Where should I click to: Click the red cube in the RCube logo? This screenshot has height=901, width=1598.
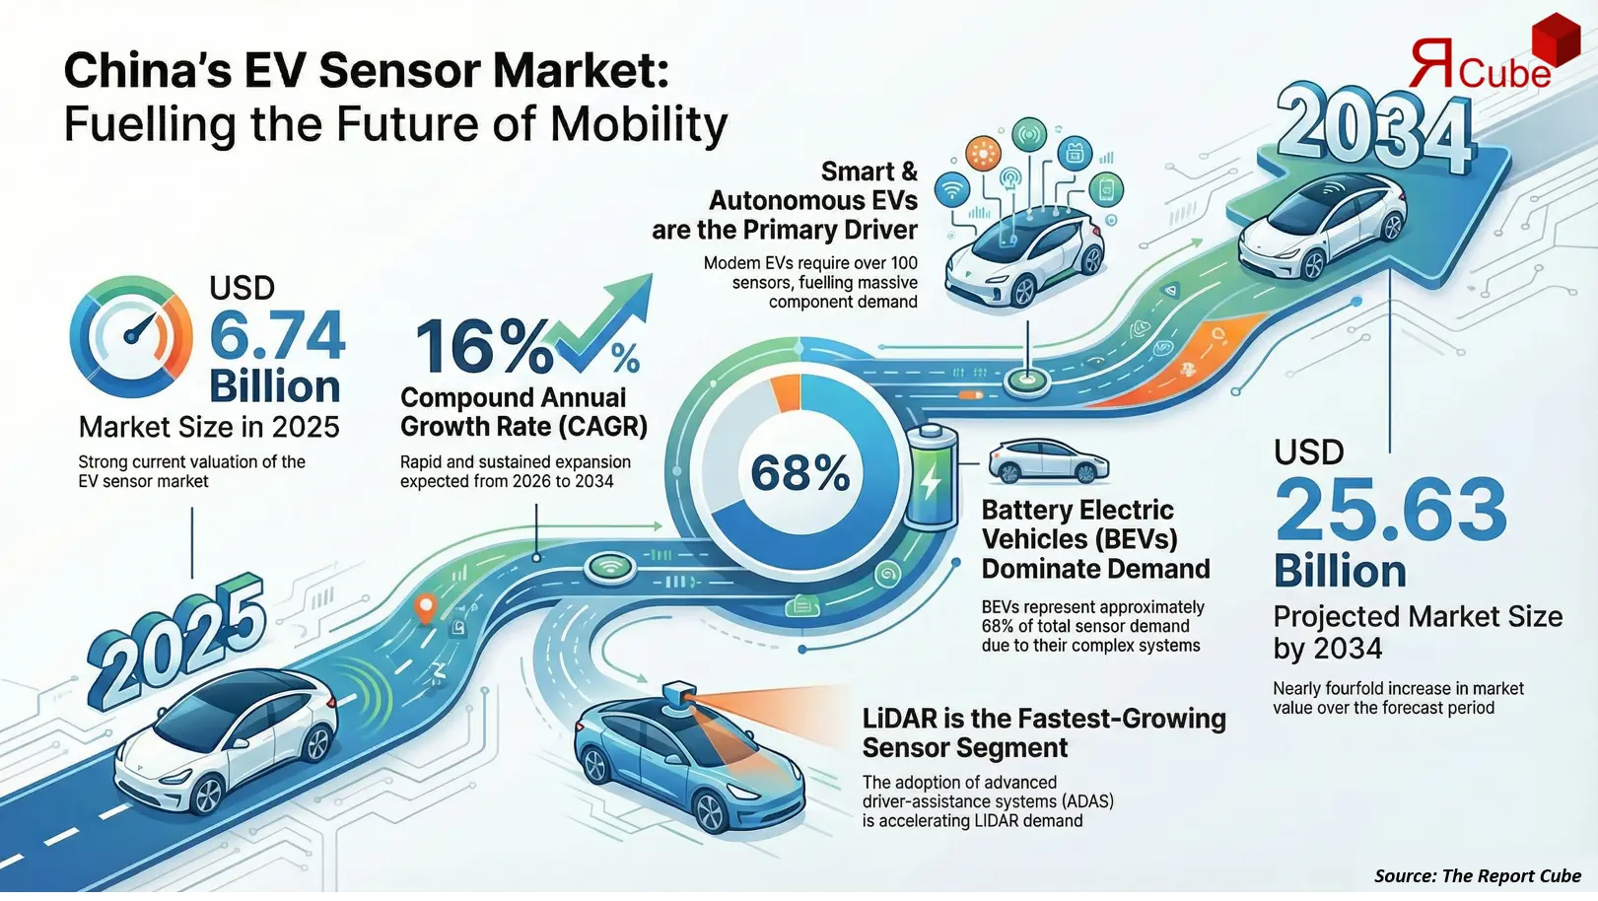coord(1555,41)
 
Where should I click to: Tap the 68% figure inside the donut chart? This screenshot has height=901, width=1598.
coord(799,473)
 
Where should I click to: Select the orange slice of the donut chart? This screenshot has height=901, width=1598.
coord(786,391)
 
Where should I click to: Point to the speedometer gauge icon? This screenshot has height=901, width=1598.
coord(131,336)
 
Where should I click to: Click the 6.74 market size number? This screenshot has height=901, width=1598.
coord(277,336)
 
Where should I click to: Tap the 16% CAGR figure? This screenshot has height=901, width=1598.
coord(482,347)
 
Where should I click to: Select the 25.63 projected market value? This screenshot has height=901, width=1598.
coord(1390,510)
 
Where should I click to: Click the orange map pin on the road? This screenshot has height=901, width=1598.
coord(426,607)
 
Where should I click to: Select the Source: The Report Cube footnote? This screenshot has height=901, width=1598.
coord(1477,875)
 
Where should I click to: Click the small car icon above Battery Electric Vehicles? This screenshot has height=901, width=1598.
coord(1047,460)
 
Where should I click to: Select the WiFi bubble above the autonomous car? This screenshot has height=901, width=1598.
coord(952,189)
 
